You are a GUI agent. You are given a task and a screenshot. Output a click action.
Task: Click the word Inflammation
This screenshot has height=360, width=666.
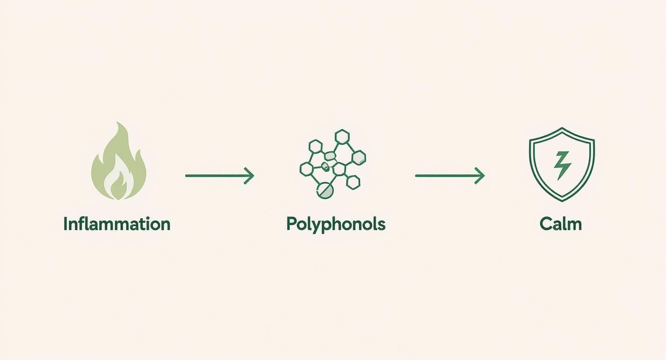tap(117, 224)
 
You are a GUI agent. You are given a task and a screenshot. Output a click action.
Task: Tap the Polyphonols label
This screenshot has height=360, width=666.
tap(336, 225)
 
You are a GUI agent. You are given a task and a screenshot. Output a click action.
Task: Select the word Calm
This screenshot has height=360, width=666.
tap(561, 224)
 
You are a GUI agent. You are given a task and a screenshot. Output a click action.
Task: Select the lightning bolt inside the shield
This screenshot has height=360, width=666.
tap(562, 166)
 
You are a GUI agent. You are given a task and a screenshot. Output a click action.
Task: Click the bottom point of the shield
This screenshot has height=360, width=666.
tap(562, 201)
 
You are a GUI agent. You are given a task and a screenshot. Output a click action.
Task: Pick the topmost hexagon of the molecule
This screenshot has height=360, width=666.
tap(342, 137)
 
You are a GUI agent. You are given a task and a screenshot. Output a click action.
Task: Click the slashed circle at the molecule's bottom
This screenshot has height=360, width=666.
tap(325, 191)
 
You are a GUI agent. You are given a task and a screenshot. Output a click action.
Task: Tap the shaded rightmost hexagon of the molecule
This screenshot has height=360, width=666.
tap(359, 157)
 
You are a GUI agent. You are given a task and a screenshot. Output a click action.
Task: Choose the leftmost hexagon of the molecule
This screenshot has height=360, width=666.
tap(306, 169)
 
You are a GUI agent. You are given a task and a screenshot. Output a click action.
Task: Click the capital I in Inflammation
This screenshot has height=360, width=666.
tap(66, 224)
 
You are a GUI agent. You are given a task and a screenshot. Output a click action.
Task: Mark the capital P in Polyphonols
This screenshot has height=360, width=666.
tap(291, 224)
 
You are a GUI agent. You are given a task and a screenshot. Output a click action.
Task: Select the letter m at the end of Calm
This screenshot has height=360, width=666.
tap(575, 226)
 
